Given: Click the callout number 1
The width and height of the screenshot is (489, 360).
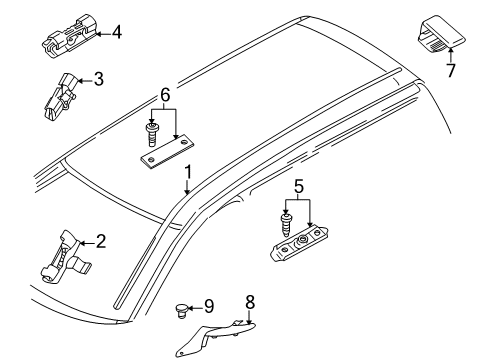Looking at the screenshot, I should pyautogui.click(x=187, y=178).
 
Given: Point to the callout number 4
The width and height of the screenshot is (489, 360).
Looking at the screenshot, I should pyautogui.click(x=117, y=31).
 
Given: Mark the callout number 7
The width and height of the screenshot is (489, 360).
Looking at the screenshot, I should pyautogui.click(x=449, y=72).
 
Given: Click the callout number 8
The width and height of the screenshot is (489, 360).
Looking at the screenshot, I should pyautogui.click(x=250, y=300).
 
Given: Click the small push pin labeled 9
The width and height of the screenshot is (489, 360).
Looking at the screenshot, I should pyautogui.click(x=181, y=308).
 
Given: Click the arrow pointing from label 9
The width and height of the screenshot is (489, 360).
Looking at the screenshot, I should pyautogui.click(x=195, y=305).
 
